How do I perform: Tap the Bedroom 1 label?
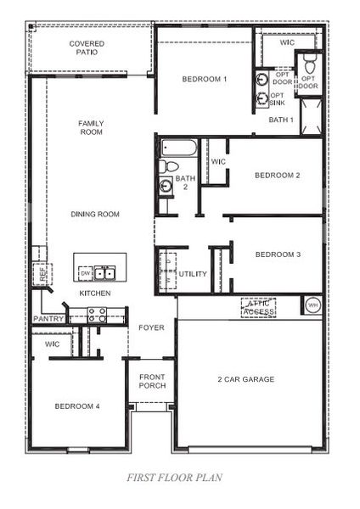click(205, 80)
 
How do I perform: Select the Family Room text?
click(91, 127)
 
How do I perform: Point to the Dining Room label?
click(94, 215)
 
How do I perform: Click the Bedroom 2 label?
click(278, 176)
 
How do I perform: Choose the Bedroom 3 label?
click(278, 255)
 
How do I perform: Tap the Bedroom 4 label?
click(77, 406)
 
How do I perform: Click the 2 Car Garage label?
click(245, 379)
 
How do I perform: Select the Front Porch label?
click(152, 381)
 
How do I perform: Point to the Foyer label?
click(151, 327)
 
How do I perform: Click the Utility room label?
click(192, 274)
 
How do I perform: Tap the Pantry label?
click(48, 319)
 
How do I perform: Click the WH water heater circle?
click(312, 305)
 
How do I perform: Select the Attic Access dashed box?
click(258, 307)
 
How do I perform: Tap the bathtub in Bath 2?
click(178, 149)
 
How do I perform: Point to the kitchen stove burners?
click(96, 314)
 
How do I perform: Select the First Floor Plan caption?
click(174, 478)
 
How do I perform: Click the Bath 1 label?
click(280, 120)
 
